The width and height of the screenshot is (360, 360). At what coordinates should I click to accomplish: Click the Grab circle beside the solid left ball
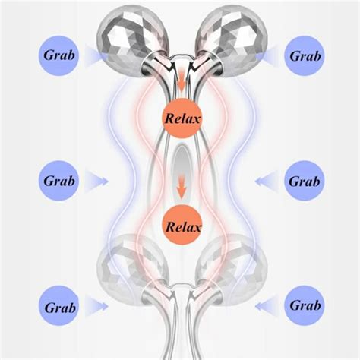tap(58, 55)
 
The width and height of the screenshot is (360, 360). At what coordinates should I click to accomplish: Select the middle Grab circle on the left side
tap(58, 181)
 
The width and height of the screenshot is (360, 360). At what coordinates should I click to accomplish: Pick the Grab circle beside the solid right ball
tap(305, 55)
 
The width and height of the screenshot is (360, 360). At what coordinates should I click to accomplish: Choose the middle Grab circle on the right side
tap(305, 181)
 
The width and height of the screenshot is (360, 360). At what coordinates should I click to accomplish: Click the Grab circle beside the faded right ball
tap(305, 306)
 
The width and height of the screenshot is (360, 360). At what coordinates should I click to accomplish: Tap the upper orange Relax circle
tap(182, 118)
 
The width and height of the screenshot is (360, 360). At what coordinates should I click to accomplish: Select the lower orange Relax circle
tap(182, 225)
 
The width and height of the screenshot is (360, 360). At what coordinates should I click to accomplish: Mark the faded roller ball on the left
tap(132, 269)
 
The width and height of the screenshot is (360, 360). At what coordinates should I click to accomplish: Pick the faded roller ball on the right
tap(232, 269)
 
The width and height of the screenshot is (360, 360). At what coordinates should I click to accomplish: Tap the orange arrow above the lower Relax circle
tap(182, 188)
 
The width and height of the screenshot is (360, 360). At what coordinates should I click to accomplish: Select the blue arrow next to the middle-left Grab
tap(96, 182)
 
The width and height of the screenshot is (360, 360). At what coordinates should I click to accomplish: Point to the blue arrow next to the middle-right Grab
tap(267, 182)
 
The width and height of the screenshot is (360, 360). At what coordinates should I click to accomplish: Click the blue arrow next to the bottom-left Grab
tap(96, 306)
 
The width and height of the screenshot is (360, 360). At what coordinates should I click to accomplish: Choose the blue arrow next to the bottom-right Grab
tap(267, 306)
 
